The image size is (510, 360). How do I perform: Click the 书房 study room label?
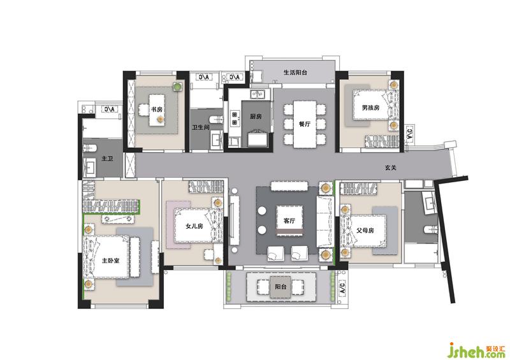point(156,110)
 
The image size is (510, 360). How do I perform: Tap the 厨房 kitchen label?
point(256,117)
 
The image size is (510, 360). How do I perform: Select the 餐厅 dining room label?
point(305,124)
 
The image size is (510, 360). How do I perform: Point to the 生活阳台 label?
point(295,73)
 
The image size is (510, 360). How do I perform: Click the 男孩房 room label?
point(371,108)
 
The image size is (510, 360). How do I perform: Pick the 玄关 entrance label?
point(391,168)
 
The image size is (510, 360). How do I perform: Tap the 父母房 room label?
point(365,231)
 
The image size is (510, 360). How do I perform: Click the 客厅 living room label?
point(289,221)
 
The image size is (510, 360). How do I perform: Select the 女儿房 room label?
point(194,226)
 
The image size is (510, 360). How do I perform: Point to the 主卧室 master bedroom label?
point(110,261)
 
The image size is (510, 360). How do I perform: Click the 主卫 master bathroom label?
point(107,159)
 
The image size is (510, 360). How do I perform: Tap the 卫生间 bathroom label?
point(200,127)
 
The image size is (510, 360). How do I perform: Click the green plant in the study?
point(177,87)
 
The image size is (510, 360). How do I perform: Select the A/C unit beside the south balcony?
point(343,288)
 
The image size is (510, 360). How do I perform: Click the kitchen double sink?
point(258,94)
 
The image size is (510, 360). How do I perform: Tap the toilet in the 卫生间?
point(217,119)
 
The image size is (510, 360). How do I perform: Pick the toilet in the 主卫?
point(90,148)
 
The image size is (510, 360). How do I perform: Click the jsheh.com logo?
point(476,350)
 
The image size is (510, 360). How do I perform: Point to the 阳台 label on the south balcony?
point(280,287)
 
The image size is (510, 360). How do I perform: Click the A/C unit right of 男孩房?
point(409,134)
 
